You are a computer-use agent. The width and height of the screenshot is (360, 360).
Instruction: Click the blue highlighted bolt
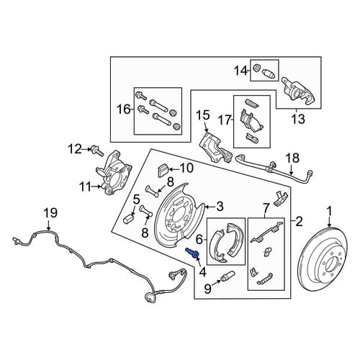tap(192, 253)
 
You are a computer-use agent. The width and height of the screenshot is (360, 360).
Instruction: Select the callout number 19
tap(50, 213)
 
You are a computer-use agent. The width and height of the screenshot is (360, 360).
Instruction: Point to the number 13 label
tap(298, 119)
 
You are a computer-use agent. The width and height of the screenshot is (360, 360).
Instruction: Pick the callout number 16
tap(124, 109)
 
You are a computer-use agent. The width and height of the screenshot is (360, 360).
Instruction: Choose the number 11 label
tap(86, 186)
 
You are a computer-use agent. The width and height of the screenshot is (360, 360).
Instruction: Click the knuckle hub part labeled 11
tap(114, 172)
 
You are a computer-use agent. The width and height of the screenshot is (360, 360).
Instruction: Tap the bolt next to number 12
tap(96, 150)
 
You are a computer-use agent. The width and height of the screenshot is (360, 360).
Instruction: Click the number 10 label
tap(186, 168)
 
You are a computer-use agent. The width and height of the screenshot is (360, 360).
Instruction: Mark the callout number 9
tap(207, 289)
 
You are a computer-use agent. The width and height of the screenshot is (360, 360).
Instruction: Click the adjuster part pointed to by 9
tap(227, 276)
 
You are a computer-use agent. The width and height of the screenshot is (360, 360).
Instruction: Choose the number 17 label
tap(225, 120)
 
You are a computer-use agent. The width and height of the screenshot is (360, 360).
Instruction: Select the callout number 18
tap(293, 158)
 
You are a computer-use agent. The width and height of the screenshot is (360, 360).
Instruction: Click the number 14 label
tap(240, 71)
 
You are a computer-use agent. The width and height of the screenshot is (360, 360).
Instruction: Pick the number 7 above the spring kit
tap(266, 208)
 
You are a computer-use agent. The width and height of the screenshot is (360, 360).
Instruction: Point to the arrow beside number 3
tap(210, 207)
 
